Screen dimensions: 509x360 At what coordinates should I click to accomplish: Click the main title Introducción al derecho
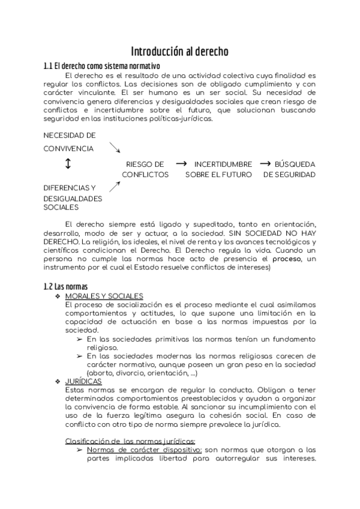[x=179, y=52]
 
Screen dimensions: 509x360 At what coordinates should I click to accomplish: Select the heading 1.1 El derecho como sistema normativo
[x=101, y=65]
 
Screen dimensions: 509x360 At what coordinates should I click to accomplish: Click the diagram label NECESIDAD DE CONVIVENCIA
[x=69, y=142]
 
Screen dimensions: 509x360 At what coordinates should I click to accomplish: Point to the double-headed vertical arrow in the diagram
[x=68, y=164]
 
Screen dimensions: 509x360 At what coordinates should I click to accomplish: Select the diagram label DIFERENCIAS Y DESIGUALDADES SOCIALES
[x=73, y=197]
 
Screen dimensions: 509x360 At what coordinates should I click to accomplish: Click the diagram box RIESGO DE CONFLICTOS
[x=145, y=169]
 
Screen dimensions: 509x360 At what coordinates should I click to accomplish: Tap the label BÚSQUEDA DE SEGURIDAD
[x=289, y=169]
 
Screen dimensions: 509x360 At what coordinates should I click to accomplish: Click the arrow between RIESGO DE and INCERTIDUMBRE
[x=181, y=163]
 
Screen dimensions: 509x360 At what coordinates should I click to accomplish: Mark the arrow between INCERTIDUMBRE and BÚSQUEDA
[x=264, y=163]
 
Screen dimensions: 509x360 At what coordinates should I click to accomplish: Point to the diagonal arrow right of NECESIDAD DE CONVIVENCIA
[x=115, y=148]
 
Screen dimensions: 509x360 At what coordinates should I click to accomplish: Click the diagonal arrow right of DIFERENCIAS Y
[x=115, y=187]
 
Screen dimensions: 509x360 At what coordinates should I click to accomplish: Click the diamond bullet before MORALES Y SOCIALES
[x=58, y=296]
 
